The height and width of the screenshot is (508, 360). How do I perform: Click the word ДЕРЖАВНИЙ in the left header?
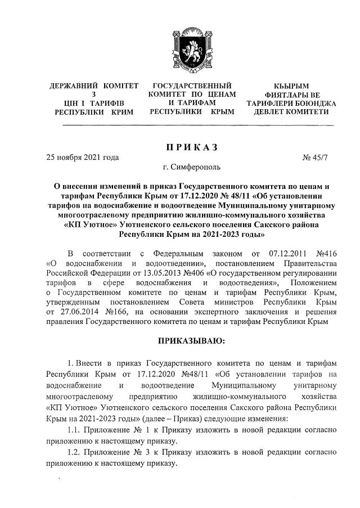coord(71,86)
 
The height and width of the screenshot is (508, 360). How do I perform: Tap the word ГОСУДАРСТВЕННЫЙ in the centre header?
coord(192,86)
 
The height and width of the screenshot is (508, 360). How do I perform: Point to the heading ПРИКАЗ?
coord(191,147)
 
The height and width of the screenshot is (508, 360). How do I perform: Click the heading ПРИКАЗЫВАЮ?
coord(191,340)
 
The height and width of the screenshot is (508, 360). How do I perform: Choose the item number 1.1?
coord(73,430)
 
